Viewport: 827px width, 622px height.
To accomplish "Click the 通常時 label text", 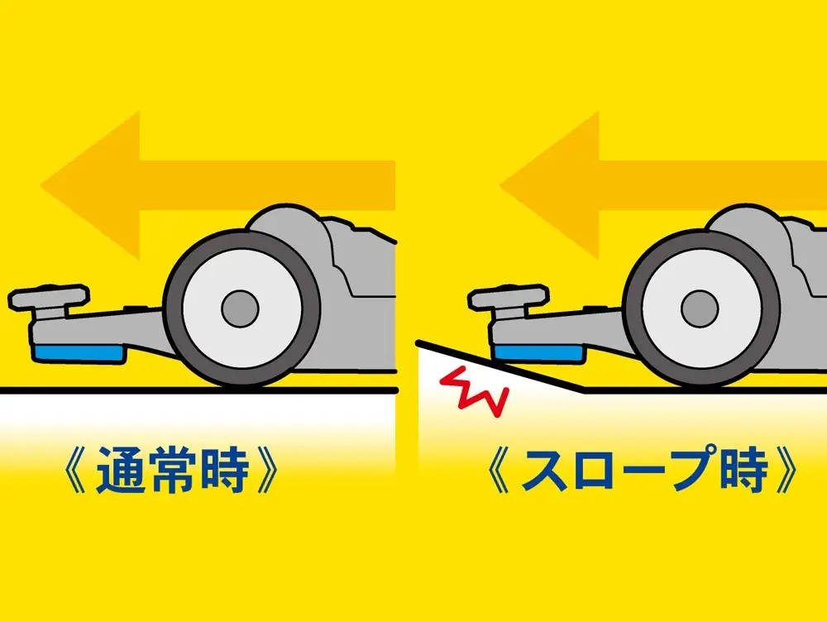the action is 172,470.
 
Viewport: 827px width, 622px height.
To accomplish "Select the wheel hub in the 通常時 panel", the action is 240,308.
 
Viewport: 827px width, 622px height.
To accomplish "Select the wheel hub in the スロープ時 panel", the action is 700,308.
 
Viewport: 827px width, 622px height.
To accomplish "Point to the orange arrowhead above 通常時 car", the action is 89,186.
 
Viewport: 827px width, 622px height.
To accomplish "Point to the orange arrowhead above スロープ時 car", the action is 550,186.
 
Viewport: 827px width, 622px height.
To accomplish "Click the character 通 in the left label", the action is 120,470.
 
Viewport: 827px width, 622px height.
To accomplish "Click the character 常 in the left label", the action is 171,470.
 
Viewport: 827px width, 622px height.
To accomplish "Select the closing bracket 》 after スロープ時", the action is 786,470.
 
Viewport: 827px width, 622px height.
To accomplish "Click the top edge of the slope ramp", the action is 501,366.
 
